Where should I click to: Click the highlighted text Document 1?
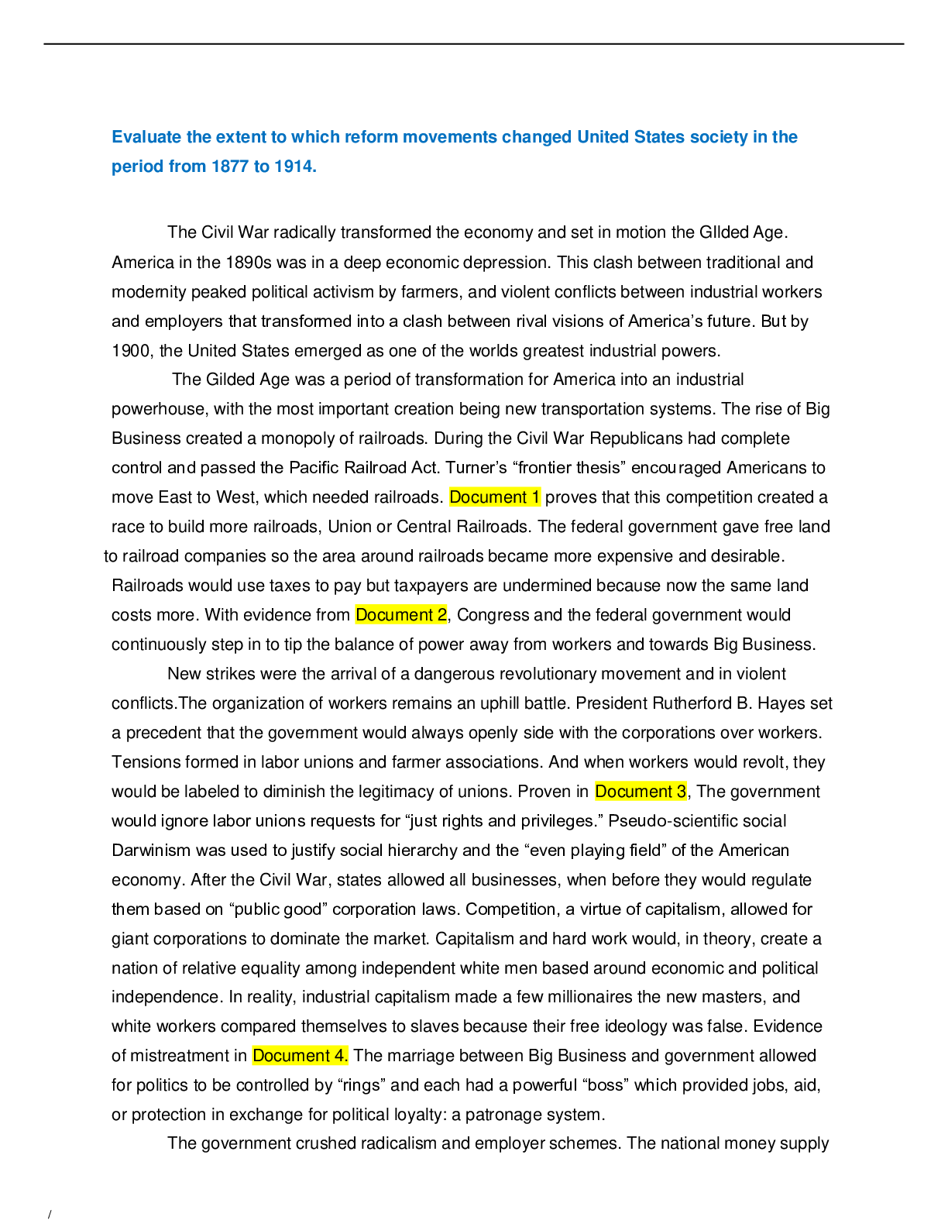[494, 497]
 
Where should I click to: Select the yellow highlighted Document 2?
[401, 615]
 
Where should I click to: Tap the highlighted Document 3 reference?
[641, 792]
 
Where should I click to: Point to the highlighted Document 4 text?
[300, 1056]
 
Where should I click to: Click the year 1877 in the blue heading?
[228, 167]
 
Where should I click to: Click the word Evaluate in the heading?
[146, 137]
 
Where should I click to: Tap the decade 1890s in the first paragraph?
[248, 263]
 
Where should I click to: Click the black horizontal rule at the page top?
[473, 43]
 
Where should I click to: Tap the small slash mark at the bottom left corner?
[50, 1215]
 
